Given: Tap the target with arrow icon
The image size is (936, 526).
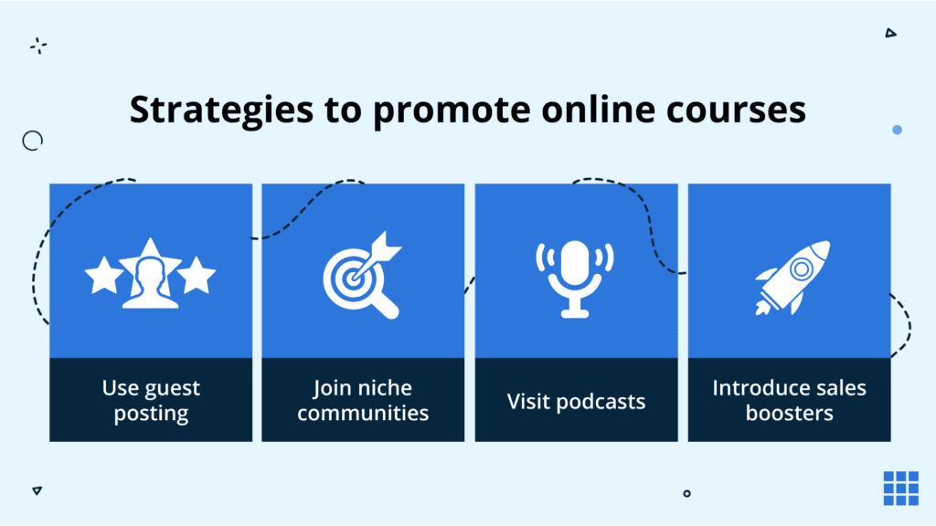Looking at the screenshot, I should [363, 277].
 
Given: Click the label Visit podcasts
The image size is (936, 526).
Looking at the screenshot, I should [576, 401].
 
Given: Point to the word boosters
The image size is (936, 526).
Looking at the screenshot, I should [789, 413].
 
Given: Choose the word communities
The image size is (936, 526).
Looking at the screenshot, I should [363, 413].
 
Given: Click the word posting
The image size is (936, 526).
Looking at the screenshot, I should [151, 414].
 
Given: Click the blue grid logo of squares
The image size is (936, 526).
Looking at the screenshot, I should [900, 488].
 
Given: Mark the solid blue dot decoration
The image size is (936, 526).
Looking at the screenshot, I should [897, 131].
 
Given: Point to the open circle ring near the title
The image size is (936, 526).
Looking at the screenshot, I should [33, 140].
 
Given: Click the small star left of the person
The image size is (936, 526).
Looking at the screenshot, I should [103, 275].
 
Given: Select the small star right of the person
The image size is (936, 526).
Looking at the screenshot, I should [197, 275].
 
